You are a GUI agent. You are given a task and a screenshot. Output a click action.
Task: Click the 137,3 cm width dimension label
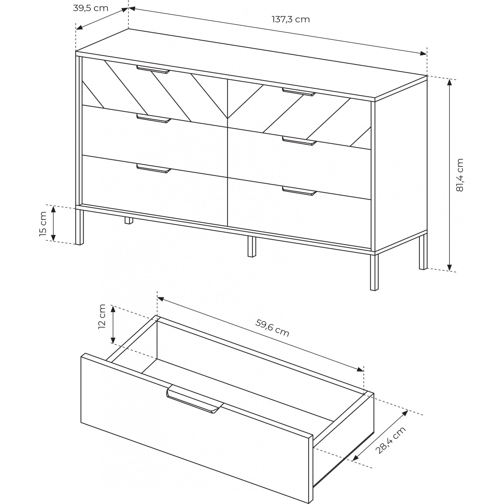point(291,20)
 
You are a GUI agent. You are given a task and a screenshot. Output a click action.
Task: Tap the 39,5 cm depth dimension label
point(90,8)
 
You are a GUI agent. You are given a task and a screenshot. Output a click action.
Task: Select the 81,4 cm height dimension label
point(460,175)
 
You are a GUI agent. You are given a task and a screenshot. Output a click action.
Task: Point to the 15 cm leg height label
point(43,224)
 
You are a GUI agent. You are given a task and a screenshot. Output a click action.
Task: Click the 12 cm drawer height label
point(102,317)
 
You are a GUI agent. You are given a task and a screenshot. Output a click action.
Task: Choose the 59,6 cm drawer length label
point(272,328)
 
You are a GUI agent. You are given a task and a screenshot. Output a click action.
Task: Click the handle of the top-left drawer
point(153,69)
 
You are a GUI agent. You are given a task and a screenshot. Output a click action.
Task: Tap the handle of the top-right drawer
point(299,92)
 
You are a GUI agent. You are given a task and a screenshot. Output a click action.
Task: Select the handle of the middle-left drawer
point(154,118)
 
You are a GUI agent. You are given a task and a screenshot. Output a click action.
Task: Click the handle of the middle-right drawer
point(299,141)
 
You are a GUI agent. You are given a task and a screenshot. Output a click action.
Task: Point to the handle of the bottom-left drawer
point(154,169)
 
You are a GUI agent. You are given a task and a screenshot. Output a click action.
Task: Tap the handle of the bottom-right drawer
point(299,191)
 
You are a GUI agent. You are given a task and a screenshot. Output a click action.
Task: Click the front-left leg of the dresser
point(80,227)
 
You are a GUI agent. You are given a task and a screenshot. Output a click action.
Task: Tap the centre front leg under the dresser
point(252,247)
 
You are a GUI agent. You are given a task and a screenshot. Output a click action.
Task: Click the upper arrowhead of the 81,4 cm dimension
point(449,82)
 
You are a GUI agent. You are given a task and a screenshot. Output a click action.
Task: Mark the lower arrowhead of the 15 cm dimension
point(53,238)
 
